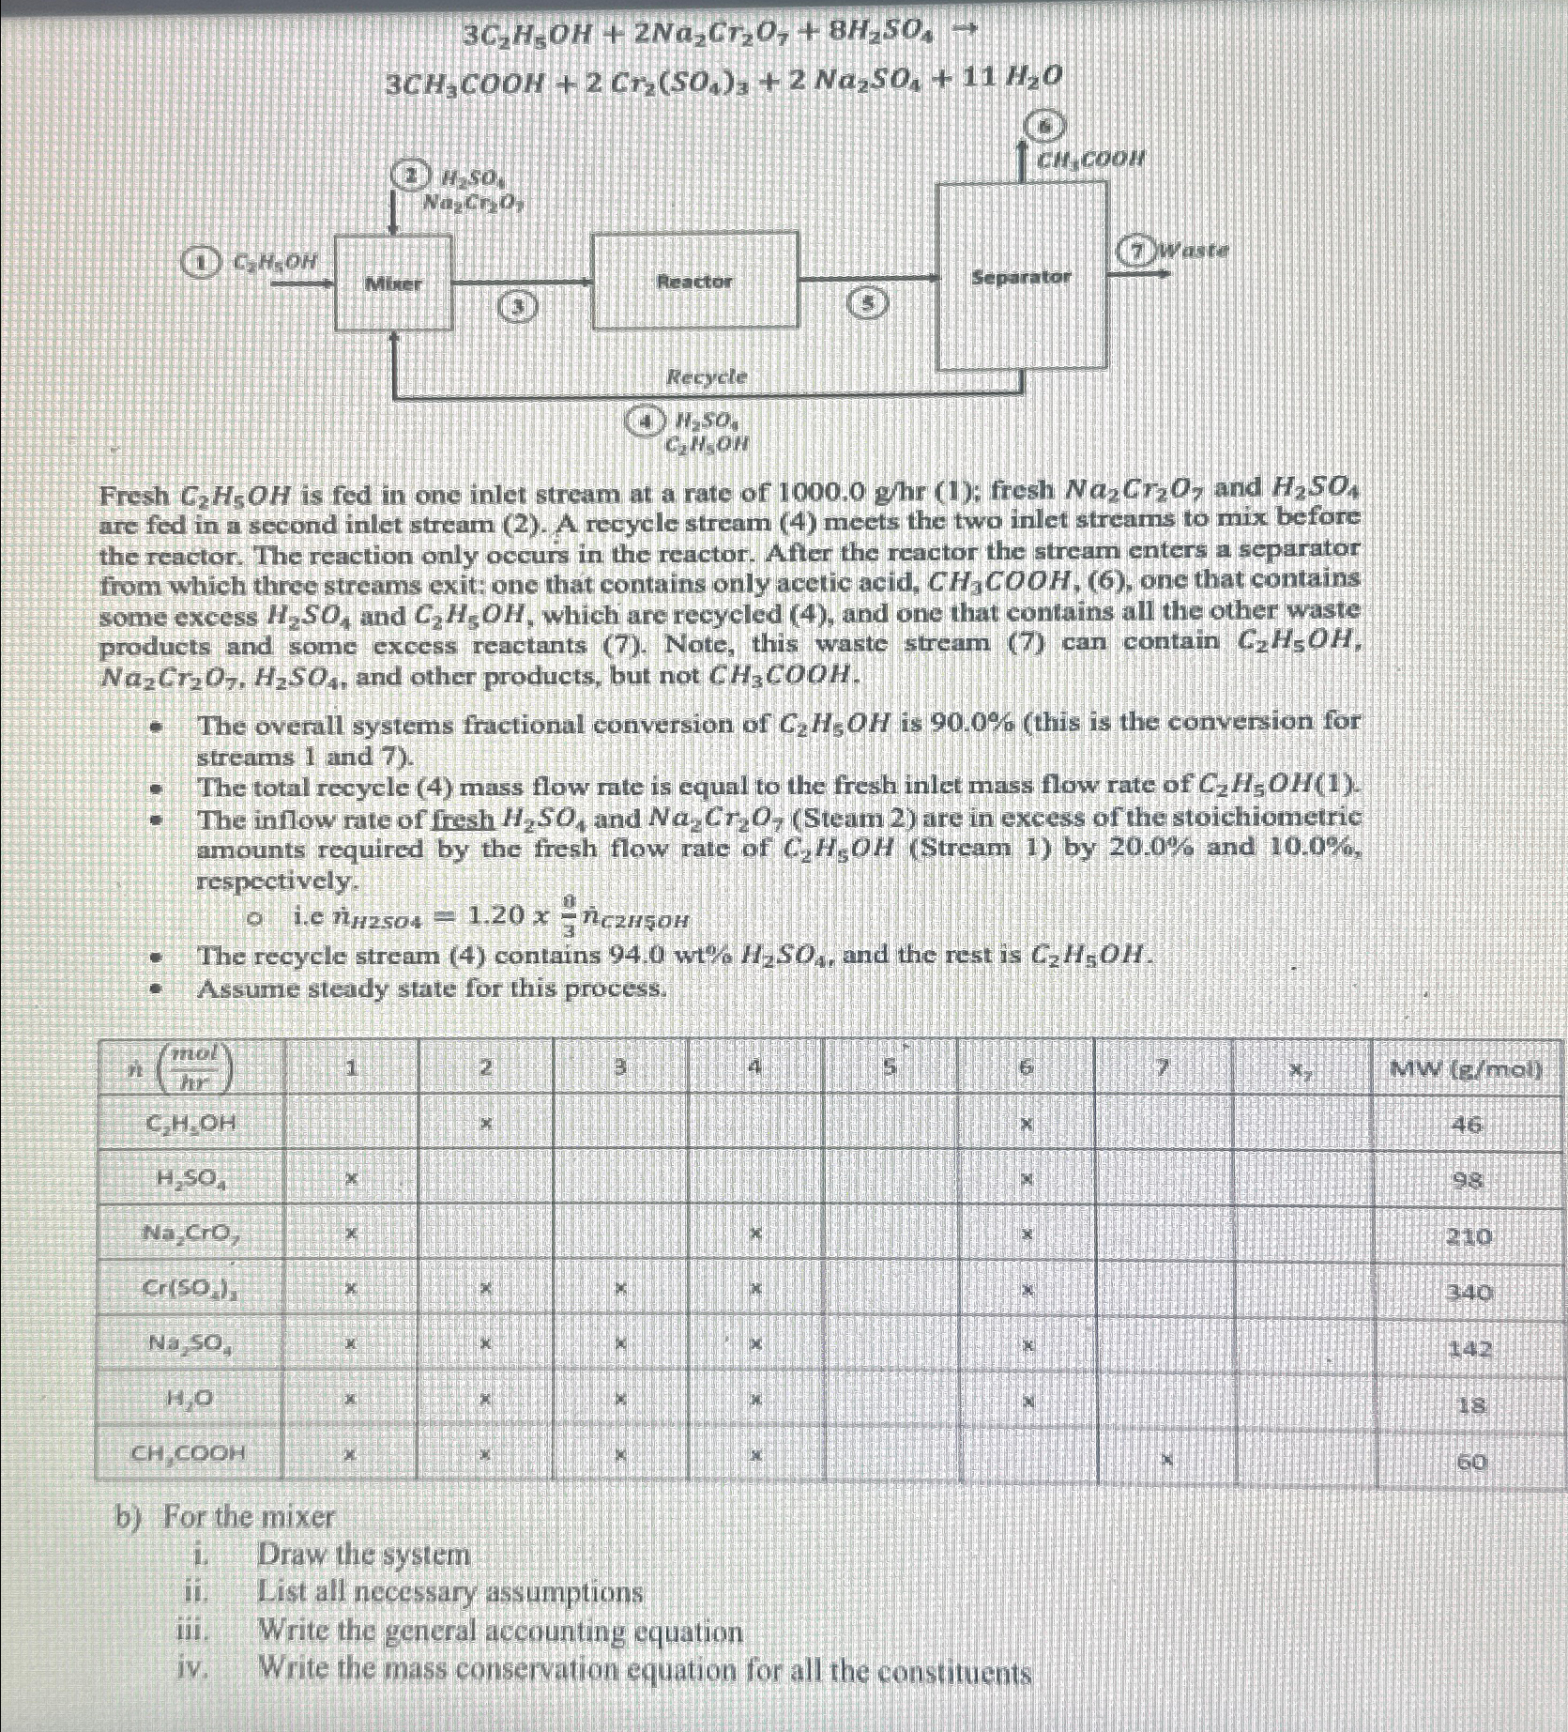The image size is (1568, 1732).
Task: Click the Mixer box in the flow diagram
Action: pyautogui.click(x=393, y=283)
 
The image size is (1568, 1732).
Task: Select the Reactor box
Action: pyautogui.click(x=694, y=281)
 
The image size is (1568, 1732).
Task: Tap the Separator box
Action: pyautogui.click(x=1021, y=277)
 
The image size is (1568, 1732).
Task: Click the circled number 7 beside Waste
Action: pyautogui.click(x=1137, y=251)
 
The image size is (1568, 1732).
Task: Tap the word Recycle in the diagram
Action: pyautogui.click(x=707, y=376)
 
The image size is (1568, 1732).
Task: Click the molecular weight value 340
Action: pyautogui.click(x=1469, y=1293)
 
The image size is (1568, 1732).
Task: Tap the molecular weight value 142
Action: pyautogui.click(x=1469, y=1349)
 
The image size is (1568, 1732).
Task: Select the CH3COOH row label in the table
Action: pyautogui.click(x=189, y=1454)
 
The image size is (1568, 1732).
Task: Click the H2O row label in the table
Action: pyautogui.click(x=189, y=1400)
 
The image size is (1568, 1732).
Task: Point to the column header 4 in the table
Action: pyautogui.click(x=755, y=1067)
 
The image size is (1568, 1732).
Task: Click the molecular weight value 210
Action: pyautogui.click(x=1469, y=1236)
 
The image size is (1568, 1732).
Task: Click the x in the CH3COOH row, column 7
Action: pyautogui.click(x=1165, y=1459)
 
